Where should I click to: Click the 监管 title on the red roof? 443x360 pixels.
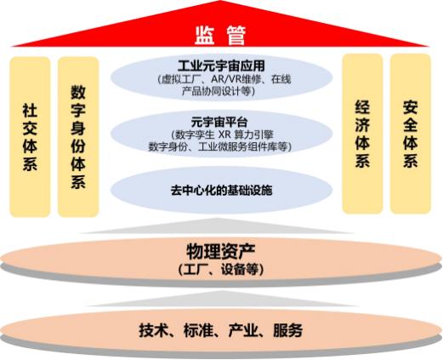pos(220,36)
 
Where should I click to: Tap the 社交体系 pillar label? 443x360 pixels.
pos(30,137)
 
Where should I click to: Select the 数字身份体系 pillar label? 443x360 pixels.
pos(78,137)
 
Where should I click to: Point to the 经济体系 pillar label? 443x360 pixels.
pos(362,134)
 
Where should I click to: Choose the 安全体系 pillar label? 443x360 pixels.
pos(411,134)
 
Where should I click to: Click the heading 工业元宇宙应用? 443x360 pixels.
pos(221,66)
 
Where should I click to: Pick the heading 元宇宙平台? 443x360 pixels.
pos(219,123)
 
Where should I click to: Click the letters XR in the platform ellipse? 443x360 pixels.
pos(224,134)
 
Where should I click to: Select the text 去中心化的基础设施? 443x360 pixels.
pos(221,191)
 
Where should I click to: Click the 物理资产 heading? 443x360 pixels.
pos(220,251)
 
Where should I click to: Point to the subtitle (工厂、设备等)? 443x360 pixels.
pos(221,269)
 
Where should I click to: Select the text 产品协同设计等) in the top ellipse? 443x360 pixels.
pos(219,91)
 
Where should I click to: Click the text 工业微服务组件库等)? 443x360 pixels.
pos(245,146)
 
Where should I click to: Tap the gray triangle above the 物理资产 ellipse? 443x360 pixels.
pos(217,227)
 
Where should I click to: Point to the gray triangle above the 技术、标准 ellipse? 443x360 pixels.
pos(223,300)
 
